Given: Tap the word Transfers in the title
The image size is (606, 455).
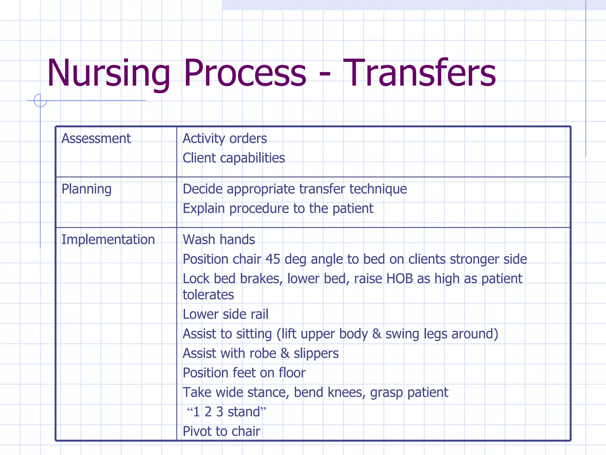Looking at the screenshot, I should coord(419,73).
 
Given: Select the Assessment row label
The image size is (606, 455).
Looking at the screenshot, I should coord(96,139).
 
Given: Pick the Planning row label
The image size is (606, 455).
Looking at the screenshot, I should coord(86,189).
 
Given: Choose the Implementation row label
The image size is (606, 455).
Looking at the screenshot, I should coord(108,240).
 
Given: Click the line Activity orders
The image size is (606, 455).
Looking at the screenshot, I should coord(225,139).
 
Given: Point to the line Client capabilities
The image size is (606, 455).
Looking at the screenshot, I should coord(233,158).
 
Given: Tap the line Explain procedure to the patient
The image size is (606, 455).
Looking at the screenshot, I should coord(278,209).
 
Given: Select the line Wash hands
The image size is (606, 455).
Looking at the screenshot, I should coord(219,240).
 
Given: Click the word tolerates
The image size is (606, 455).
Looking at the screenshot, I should coord(208,295).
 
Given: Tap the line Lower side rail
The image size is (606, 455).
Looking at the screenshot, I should coord(225,314).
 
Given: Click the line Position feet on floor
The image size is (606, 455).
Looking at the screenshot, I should coord(244,373).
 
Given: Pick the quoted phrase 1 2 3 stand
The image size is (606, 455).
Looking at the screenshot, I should coord(227,412).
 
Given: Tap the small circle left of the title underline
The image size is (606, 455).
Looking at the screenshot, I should coord(40,100).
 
